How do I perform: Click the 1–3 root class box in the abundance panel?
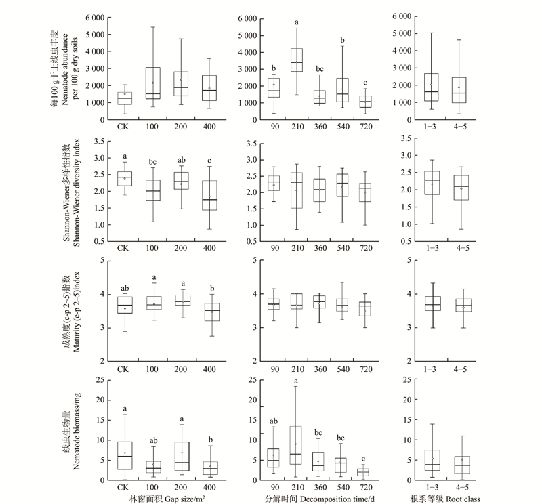click(x=432, y=87)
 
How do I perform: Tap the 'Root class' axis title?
click(x=448, y=498)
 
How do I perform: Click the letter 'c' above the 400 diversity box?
click(x=210, y=160)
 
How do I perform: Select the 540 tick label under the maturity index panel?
click(x=342, y=370)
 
